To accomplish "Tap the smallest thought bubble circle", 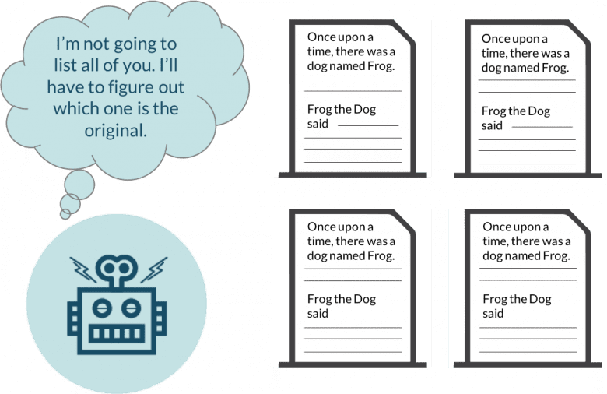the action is (x=68, y=211).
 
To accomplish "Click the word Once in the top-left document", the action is (x=321, y=37).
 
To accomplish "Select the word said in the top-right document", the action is (x=492, y=125).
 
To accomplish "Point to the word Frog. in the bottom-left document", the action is (x=379, y=255).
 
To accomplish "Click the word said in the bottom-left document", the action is (x=318, y=313).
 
